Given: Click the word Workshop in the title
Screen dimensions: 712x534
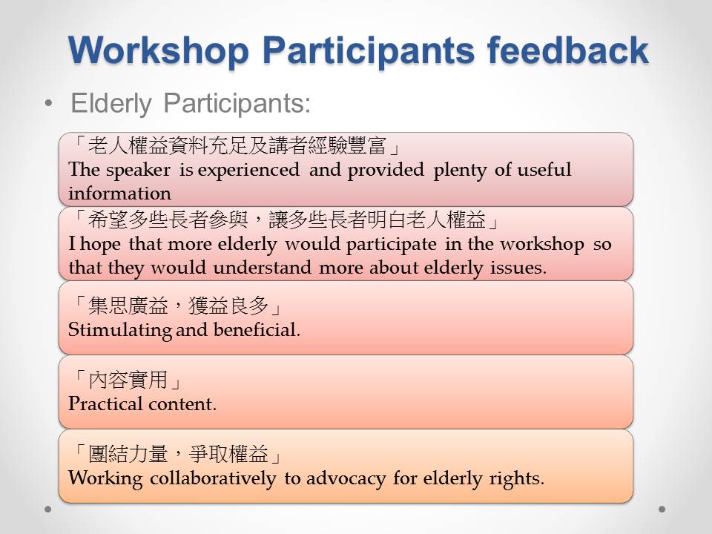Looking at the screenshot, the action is [x=159, y=51].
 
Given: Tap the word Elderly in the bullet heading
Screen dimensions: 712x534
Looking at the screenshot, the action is [x=111, y=104].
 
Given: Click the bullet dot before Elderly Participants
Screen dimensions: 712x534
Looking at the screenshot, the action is [x=49, y=104].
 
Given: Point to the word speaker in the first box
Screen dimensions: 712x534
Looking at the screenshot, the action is [x=138, y=171].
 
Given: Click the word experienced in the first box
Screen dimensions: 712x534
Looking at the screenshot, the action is [x=248, y=171].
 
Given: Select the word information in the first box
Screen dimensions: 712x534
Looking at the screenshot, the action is [x=120, y=194].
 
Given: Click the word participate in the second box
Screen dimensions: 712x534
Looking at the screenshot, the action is [x=391, y=245].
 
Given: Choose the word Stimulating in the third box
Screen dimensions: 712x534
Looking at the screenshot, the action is [x=120, y=330].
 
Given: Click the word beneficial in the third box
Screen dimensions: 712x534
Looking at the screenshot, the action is [x=257, y=329].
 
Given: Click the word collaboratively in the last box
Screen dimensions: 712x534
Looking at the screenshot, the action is [x=213, y=478].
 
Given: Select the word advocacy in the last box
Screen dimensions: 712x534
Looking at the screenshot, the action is [x=346, y=478].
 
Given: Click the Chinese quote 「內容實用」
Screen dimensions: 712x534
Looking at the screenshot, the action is [x=128, y=380].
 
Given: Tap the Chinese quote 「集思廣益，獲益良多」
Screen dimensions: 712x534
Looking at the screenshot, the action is [x=177, y=306].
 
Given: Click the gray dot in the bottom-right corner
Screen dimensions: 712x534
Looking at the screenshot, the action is [x=662, y=509].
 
